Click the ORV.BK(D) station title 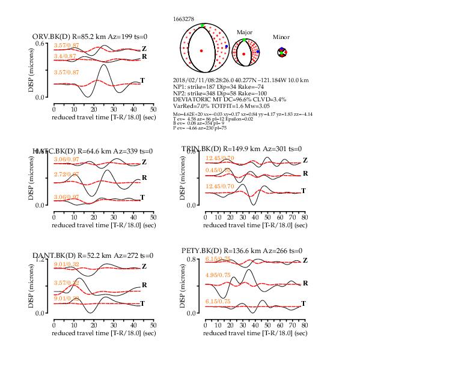(x=93, y=37)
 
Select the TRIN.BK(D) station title (x=241, y=149)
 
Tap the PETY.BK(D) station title (x=241, y=250)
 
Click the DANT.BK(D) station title (x=93, y=256)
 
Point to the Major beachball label (x=245, y=32)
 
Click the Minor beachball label (x=281, y=37)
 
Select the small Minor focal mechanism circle (x=281, y=53)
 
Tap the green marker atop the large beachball (x=203, y=25)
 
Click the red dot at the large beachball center (x=201, y=50)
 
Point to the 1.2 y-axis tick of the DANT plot (x=40, y=260)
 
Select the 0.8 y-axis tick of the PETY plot (x=192, y=260)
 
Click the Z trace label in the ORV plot (x=144, y=48)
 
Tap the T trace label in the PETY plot (x=304, y=304)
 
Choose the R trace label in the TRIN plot (x=305, y=173)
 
